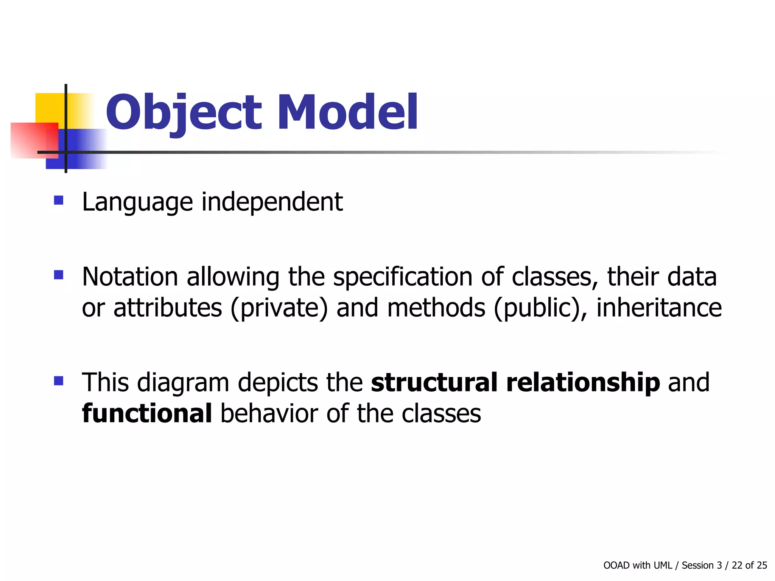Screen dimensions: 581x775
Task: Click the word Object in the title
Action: (184, 113)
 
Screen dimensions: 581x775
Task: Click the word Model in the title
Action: (347, 113)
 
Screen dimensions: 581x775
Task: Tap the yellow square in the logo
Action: (49, 108)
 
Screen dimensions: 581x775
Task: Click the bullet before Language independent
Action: (59, 200)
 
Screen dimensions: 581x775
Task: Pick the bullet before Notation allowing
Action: (59, 275)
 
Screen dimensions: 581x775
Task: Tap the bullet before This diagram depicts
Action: (59, 381)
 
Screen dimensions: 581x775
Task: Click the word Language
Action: (137, 202)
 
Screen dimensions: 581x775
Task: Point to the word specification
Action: (402, 277)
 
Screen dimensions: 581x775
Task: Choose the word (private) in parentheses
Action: (279, 308)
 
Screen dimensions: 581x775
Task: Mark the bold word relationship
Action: (583, 383)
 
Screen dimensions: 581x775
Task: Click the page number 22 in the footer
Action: (737, 565)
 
